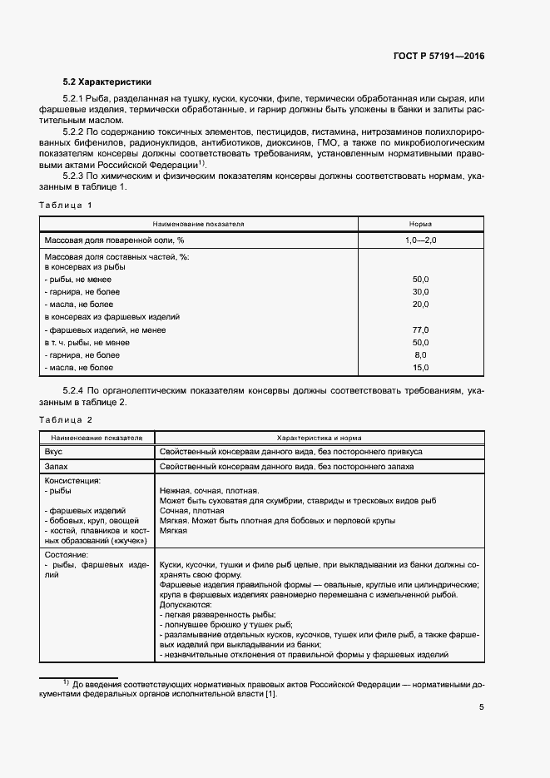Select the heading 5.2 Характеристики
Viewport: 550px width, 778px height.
[x=107, y=82]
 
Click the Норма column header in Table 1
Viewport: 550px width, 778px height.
[x=420, y=224]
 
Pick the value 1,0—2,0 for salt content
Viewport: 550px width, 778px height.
[x=420, y=240]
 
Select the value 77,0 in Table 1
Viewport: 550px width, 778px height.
[x=420, y=330]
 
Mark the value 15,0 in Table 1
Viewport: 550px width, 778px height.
[x=420, y=368]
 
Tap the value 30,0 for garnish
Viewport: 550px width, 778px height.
[x=420, y=292]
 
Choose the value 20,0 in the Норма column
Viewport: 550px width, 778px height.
[x=420, y=305]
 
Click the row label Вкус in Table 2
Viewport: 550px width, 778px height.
[x=54, y=451]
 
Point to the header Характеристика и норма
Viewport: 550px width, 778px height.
[x=319, y=437]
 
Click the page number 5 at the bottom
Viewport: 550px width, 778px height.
[x=481, y=708]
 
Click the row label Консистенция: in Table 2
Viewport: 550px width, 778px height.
[x=73, y=480]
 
